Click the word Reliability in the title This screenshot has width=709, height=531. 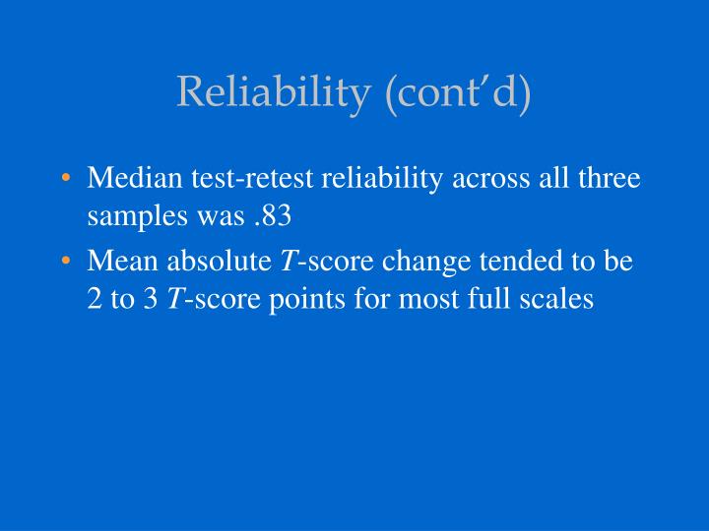[x=271, y=93]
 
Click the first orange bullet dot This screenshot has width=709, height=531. [x=65, y=180]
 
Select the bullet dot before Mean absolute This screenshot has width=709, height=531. [x=65, y=263]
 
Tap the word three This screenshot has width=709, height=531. [x=610, y=179]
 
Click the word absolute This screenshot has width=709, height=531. [x=214, y=262]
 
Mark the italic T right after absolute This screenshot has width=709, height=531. [x=287, y=262]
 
